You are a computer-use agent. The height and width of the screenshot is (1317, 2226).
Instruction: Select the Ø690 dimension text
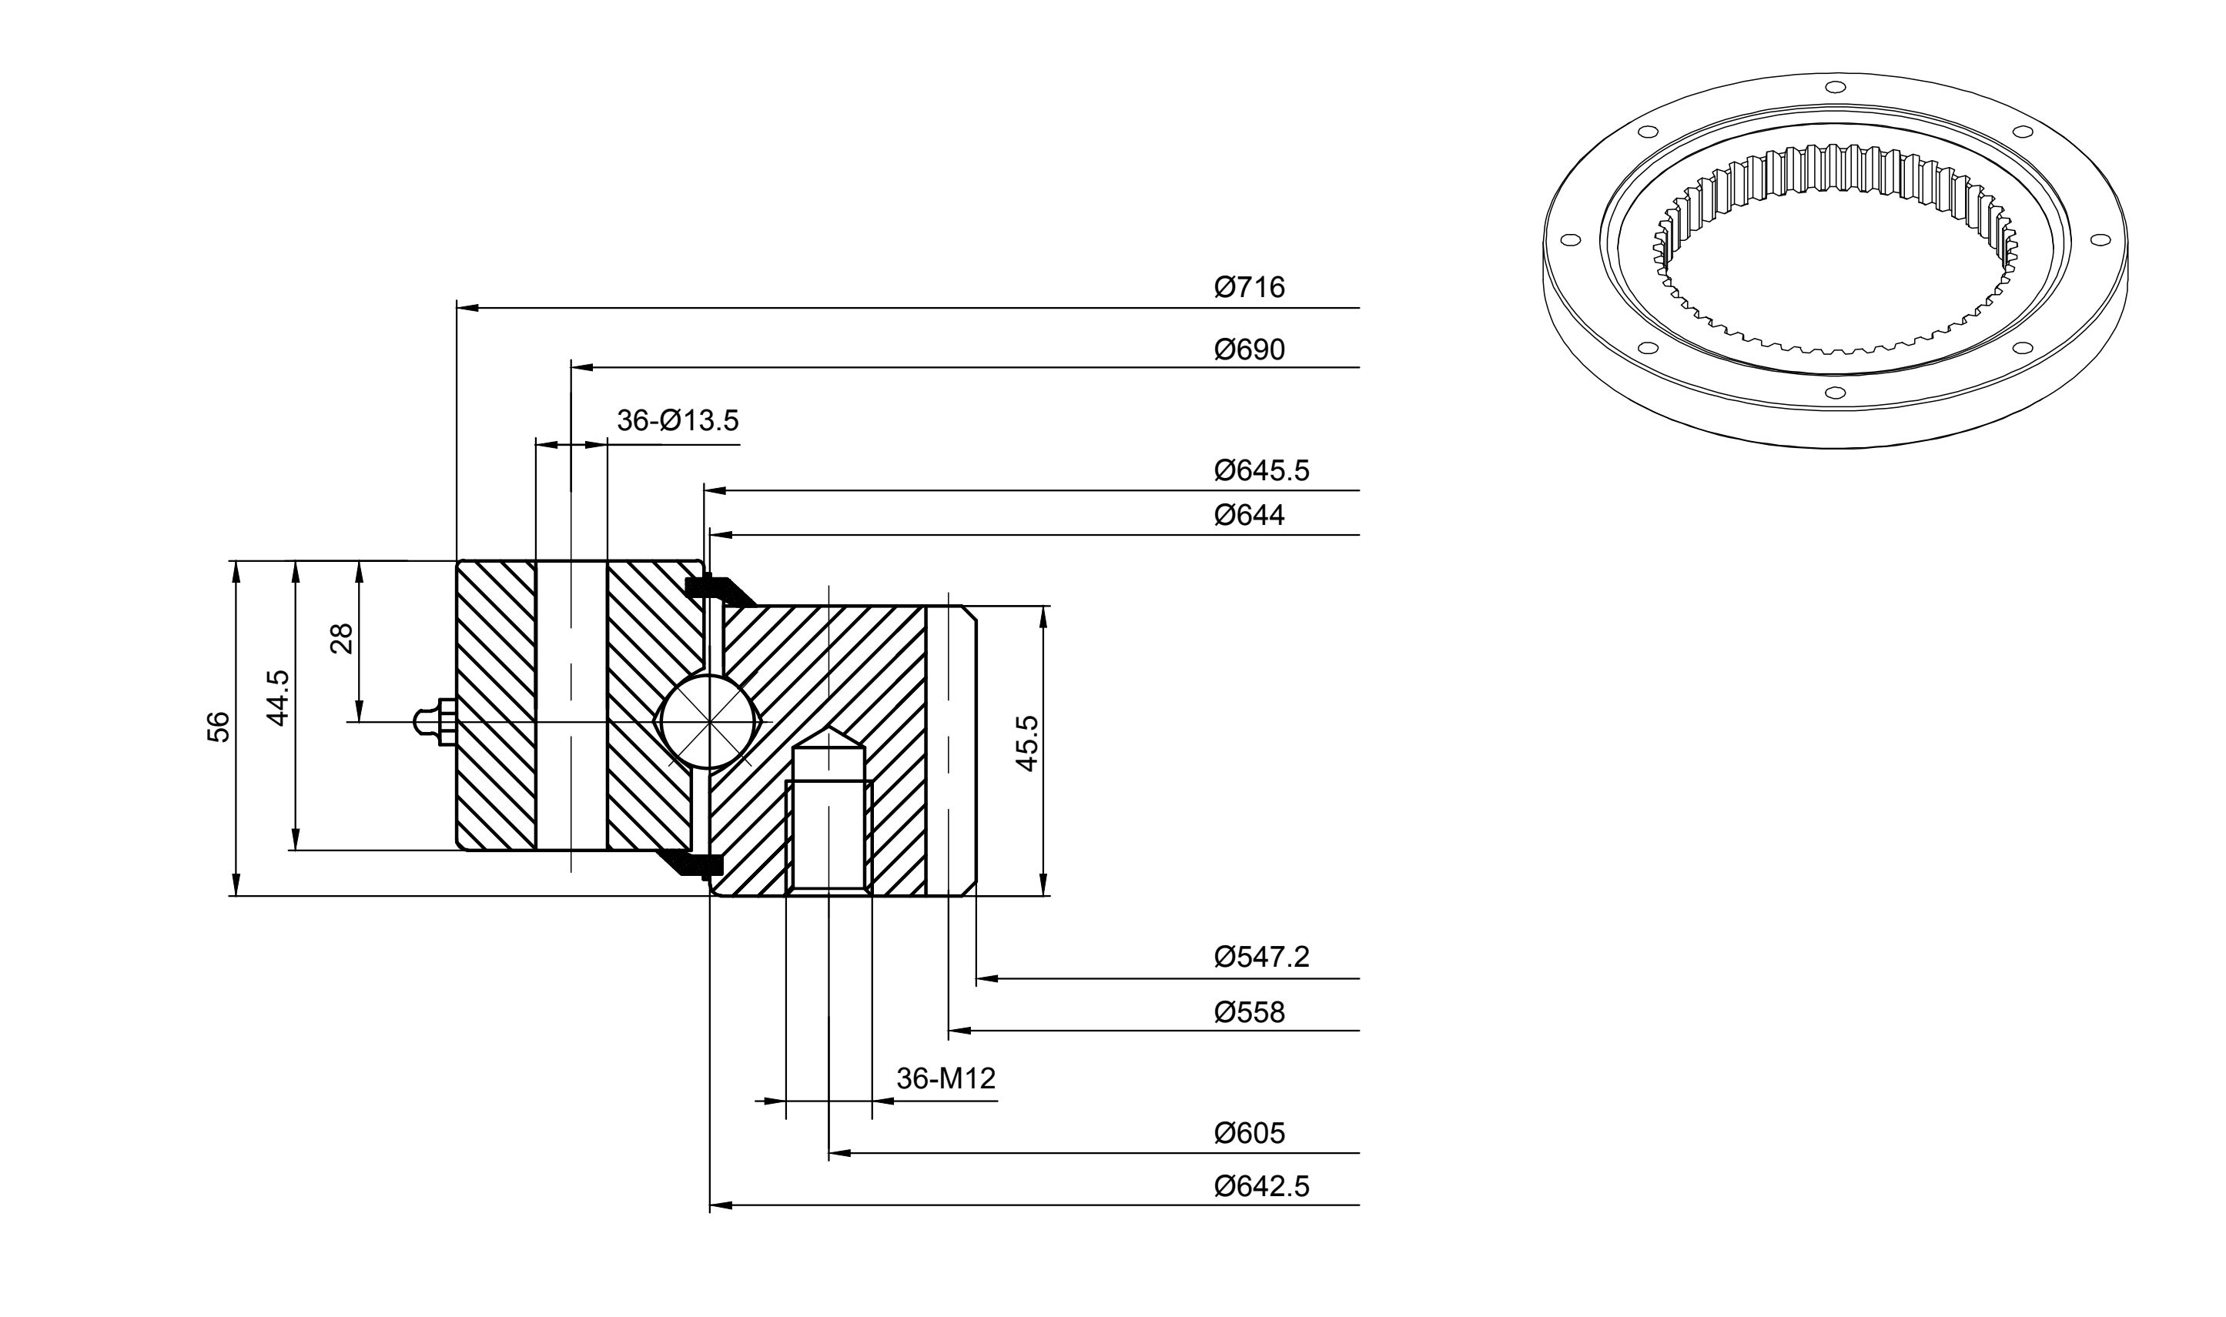tap(1249, 349)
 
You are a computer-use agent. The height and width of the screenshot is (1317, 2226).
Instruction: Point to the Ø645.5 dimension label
tap(1261, 470)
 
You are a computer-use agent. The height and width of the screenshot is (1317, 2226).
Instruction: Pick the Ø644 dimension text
tap(1249, 516)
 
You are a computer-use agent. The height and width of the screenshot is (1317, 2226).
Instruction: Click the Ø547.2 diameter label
tap(1261, 957)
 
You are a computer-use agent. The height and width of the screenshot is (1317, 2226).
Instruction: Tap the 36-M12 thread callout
tap(946, 1078)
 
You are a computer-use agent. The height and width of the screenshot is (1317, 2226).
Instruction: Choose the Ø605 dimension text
tap(1249, 1133)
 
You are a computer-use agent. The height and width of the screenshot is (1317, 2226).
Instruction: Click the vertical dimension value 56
tap(219, 727)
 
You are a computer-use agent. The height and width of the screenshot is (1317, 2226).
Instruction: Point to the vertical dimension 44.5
tap(279, 697)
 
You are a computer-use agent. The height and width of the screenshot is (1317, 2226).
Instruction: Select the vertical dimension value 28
tap(342, 638)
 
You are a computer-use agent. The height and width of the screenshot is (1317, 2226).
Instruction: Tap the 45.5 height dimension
tap(1027, 744)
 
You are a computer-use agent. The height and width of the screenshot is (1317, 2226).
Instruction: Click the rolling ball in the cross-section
tap(708, 721)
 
